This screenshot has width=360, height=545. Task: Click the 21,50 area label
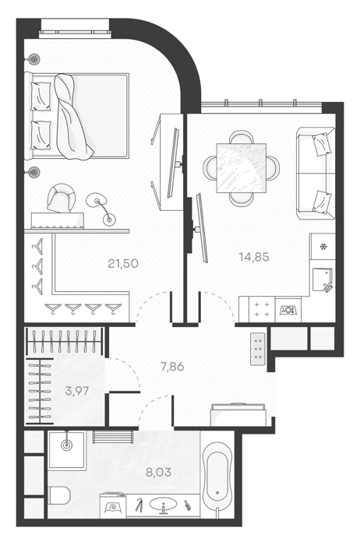tap(123, 263)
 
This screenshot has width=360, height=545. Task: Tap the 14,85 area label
tap(254, 257)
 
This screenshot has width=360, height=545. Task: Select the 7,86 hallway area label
tap(172, 367)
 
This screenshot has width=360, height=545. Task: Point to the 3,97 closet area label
tap(77, 391)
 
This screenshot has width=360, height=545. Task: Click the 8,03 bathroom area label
tap(159, 472)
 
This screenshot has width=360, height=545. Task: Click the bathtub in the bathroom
tap(217, 480)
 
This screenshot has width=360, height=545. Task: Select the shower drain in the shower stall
tap(66, 445)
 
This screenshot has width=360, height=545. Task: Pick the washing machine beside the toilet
tap(114, 506)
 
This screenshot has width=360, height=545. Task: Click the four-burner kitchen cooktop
tap(262, 309)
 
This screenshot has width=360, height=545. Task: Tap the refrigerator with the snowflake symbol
tap(323, 247)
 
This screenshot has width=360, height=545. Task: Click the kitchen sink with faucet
tap(322, 280)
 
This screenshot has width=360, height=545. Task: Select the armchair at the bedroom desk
tap(62, 198)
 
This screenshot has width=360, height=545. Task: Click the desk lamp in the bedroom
tap(101, 209)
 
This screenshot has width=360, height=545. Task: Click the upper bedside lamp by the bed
tap(34, 59)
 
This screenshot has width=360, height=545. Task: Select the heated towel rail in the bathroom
tap(114, 437)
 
